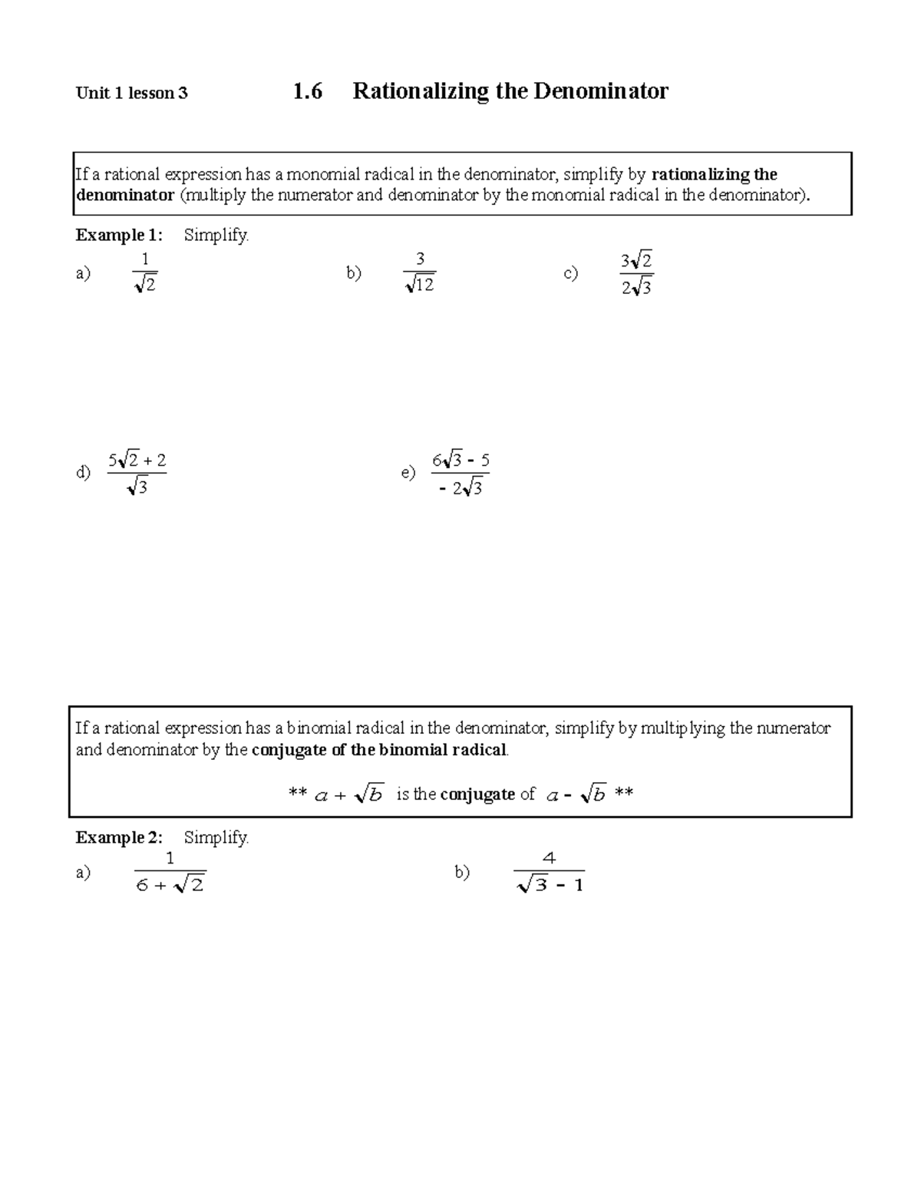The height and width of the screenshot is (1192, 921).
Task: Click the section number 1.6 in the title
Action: [307, 91]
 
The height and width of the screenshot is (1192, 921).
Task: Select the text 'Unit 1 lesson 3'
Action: [131, 94]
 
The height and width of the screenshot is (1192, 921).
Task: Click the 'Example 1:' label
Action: [118, 236]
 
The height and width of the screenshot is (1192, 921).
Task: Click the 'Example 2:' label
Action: [118, 837]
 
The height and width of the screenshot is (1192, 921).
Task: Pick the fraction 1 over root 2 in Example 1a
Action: [144, 272]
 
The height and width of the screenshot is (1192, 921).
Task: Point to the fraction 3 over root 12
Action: [420, 272]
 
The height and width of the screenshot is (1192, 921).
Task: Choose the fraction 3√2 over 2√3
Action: [636, 273]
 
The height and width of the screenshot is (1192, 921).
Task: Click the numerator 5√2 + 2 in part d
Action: [137, 461]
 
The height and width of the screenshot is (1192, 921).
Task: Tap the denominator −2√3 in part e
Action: [460, 487]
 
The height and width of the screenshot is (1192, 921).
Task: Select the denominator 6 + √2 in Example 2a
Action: [170, 885]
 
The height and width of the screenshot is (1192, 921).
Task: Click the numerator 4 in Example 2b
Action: [549, 858]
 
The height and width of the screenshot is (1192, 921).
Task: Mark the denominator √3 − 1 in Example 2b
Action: [550, 885]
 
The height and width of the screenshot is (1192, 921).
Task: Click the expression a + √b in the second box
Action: [348, 795]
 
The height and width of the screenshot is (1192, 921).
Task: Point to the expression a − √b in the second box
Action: [576, 795]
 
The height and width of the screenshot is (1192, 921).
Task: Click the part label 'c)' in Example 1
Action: [570, 273]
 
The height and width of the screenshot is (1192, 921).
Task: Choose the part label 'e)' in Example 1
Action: [408, 473]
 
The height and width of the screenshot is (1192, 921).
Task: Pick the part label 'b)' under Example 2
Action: [461, 872]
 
